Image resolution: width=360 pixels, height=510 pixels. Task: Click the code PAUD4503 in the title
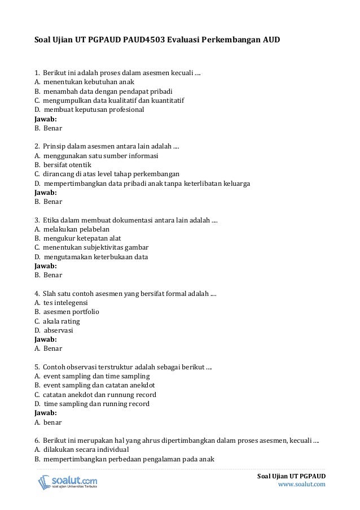pyautogui.click(x=139, y=41)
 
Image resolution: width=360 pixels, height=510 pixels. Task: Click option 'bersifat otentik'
pyautogui.click(x=67, y=164)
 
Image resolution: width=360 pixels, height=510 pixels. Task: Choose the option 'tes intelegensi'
pyautogui.click(x=65, y=303)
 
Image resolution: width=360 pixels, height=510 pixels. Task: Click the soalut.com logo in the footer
pyautogui.click(x=67, y=482)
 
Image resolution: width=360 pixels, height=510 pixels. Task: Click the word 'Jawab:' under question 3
pyautogui.click(x=46, y=265)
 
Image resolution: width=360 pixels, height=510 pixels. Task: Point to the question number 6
pyautogui.click(x=37, y=441)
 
